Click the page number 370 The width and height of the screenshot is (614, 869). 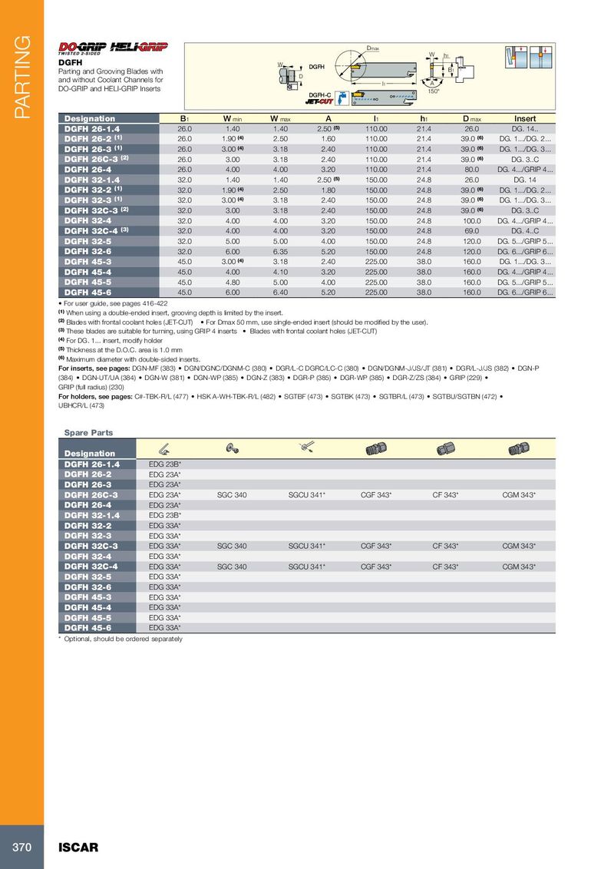[x=21, y=848]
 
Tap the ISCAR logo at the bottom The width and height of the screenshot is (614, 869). [x=79, y=848]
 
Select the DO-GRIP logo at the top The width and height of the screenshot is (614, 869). [x=84, y=47]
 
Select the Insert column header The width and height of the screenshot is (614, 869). [x=525, y=118]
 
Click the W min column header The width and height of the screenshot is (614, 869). [x=233, y=118]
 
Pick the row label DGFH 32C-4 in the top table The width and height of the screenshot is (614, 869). [x=91, y=230]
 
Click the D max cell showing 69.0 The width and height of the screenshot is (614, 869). [x=471, y=230]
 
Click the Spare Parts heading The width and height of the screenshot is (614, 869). [x=88, y=433]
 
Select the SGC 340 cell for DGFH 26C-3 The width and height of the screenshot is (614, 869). [x=232, y=495]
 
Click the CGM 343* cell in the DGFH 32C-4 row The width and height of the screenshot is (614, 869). [x=519, y=566]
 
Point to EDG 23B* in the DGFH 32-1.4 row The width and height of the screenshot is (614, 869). [x=165, y=515]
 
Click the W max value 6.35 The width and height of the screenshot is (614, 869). [x=279, y=250]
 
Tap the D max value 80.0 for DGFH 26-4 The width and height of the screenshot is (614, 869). [x=471, y=168]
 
